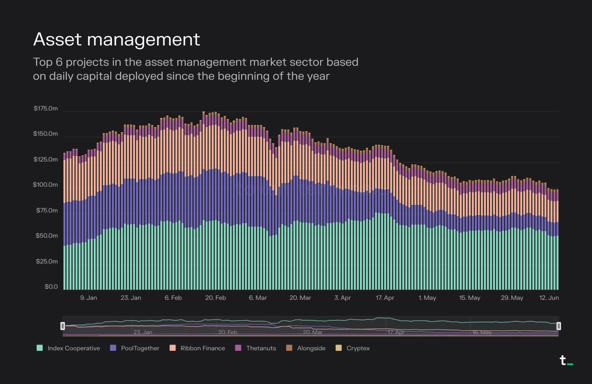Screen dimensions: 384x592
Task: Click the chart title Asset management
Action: point(117,39)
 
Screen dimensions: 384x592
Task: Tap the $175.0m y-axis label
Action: point(45,108)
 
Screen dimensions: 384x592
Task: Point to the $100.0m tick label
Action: point(45,185)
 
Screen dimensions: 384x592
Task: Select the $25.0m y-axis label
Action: point(47,261)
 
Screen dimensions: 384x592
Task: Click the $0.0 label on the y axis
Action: point(51,287)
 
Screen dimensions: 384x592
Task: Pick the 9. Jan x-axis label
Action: point(89,298)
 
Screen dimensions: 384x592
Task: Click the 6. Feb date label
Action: point(173,298)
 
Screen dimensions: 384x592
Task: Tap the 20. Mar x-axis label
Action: point(300,298)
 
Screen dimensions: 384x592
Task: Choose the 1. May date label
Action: point(427,298)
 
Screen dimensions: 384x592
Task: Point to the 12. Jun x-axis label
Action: point(549,298)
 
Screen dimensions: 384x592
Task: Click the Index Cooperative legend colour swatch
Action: point(40,348)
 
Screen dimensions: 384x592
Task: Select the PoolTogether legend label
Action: point(140,348)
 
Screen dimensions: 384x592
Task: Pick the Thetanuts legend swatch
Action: point(238,348)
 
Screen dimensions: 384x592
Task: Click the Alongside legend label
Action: point(311,348)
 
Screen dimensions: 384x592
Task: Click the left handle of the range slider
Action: point(63,326)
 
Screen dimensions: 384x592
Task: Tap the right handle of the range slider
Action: point(558,326)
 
